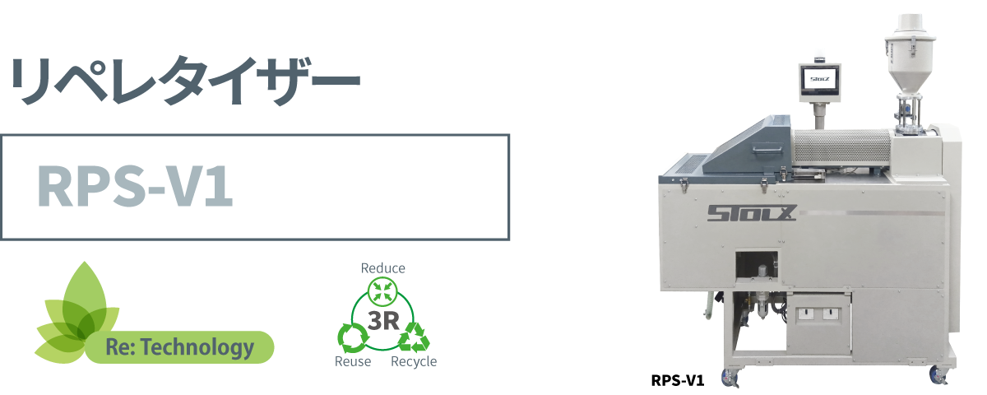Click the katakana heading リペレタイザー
(184, 81)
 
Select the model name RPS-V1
(137, 188)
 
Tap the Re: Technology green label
(179, 347)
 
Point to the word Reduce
(383, 268)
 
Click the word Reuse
(353, 362)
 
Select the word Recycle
(414, 362)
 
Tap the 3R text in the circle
(384, 320)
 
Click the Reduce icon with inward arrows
(383, 290)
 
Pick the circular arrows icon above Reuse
(352, 336)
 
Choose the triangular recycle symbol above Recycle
(415, 336)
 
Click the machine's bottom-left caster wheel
(730, 379)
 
